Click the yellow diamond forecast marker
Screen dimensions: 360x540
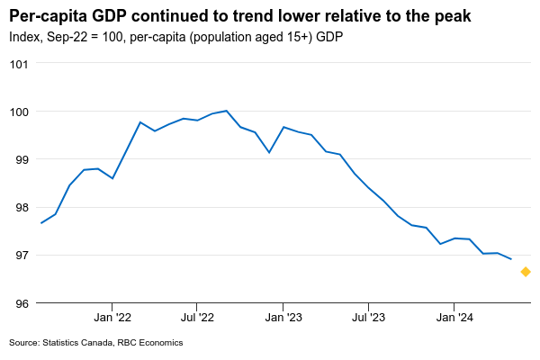pyautogui.click(x=526, y=272)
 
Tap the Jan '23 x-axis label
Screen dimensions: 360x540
pyautogui.click(x=283, y=317)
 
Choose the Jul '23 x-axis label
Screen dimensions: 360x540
pyautogui.click(x=368, y=317)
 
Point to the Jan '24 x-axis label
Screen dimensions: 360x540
pyautogui.click(x=454, y=317)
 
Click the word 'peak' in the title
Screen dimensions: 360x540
pyautogui.click(x=450, y=16)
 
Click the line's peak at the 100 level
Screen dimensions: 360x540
pyautogui.click(x=226, y=111)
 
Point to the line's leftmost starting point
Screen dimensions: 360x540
pyautogui.click(x=41, y=223)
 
